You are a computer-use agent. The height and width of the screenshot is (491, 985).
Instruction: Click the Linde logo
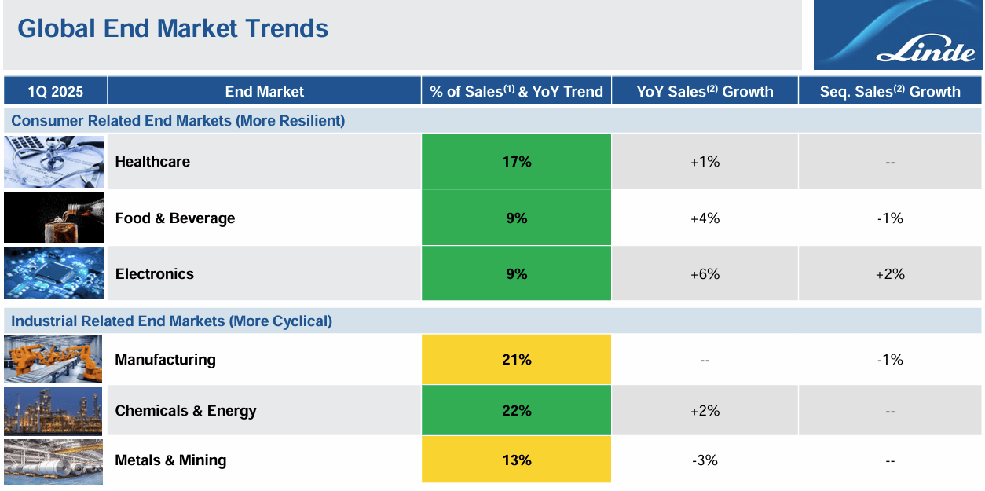[897, 35]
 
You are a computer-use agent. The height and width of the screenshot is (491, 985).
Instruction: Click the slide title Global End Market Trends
[173, 29]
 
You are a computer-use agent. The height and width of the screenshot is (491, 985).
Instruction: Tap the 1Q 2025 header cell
[55, 91]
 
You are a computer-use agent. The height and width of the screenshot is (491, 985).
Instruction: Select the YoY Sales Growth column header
[705, 91]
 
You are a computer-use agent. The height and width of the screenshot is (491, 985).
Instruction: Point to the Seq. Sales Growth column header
[890, 91]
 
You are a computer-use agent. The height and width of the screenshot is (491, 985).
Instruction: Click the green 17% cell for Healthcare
[516, 162]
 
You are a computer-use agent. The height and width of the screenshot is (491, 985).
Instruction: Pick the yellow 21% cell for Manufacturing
[516, 360]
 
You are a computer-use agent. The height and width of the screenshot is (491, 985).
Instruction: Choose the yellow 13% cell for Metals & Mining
[516, 460]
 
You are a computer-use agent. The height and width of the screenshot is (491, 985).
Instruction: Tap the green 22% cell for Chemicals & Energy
[516, 411]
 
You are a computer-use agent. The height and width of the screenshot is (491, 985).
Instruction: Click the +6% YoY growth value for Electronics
[705, 274]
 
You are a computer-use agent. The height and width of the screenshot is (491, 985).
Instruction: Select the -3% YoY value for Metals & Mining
[705, 460]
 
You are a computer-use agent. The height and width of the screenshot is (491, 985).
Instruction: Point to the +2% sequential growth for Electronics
[890, 274]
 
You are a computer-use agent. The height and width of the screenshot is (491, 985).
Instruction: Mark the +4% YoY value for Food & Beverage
[705, 218]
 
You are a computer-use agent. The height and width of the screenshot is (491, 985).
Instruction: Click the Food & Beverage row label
[174, 218]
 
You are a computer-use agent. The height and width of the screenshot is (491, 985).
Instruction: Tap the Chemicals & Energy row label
[185, 411]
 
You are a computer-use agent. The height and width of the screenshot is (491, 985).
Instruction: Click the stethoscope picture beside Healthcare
[53, 162]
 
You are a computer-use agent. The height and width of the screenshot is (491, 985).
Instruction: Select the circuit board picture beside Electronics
[53, 273]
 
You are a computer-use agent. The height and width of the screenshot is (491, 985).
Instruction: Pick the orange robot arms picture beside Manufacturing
[53, 360]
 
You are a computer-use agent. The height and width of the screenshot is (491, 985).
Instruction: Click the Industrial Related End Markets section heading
[171, 321]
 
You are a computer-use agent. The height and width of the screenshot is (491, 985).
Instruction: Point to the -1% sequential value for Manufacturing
[890, 360]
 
